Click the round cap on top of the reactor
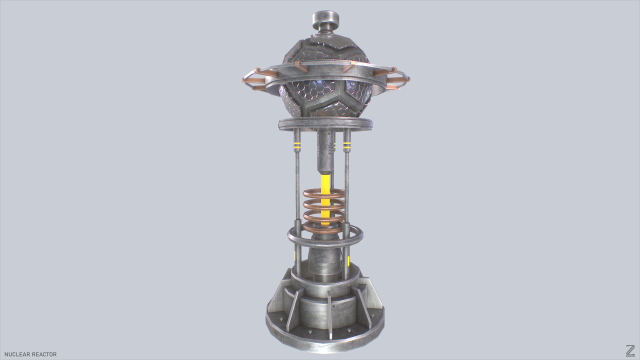point(326,19)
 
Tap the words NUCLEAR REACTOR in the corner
point(31,353)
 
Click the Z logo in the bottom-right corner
point(629,350)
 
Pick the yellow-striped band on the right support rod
point(348,150)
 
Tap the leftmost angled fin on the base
point(275,300)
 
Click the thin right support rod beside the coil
point(349,200)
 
